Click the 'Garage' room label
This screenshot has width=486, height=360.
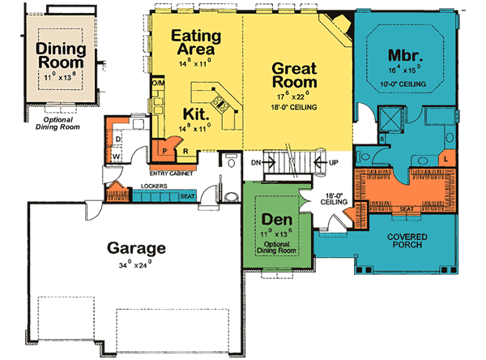tap(135, 248)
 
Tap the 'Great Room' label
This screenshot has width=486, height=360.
tap(294, 76)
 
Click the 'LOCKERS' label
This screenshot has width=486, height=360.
tap(154, 186)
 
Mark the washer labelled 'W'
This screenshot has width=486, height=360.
tap(117, 155)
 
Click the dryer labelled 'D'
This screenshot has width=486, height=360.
tap(117, 138)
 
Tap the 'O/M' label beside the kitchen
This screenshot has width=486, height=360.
tap(158, 84)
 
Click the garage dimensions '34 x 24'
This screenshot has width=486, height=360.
tap(135, 265)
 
